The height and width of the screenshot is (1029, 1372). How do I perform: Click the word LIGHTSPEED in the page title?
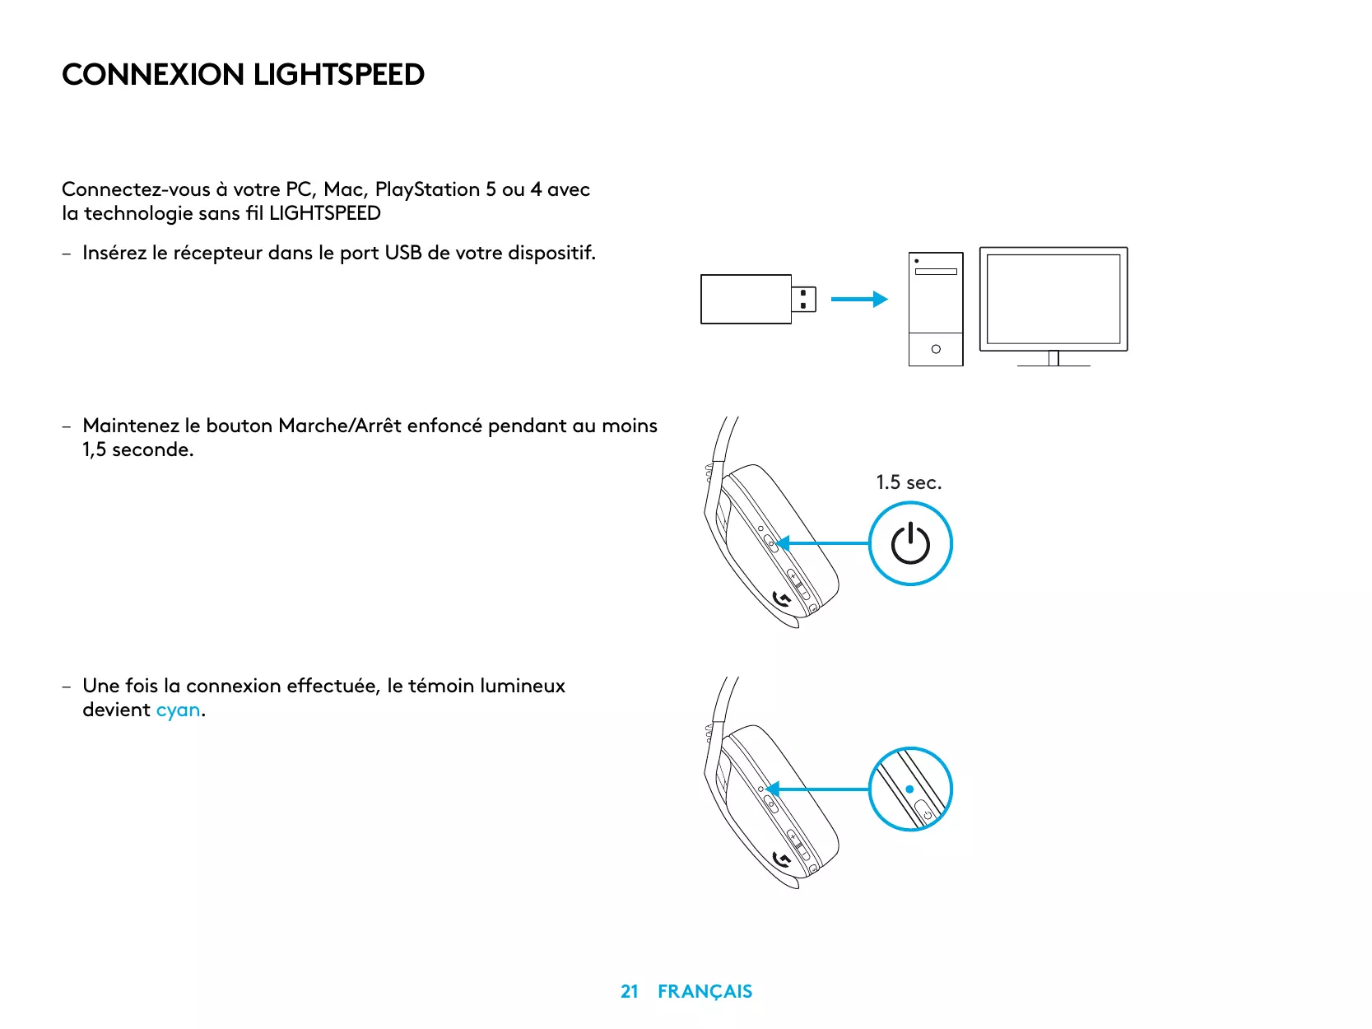coord(338,75)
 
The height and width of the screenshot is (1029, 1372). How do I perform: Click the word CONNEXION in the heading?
coord(153,75)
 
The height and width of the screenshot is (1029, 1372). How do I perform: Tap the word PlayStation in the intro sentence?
coord(427,189)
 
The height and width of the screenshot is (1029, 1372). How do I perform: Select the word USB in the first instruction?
coord(403,253)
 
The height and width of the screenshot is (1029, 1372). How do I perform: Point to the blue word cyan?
coord(178,710)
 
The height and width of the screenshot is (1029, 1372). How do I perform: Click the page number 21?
coord(630,991)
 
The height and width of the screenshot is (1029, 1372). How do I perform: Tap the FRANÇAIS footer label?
coord(705,991)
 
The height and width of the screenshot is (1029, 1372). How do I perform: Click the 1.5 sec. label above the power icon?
coord(909,482)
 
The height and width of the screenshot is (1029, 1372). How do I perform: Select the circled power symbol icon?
coord(910,544)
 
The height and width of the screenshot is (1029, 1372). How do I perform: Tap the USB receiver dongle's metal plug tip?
coord(804,300)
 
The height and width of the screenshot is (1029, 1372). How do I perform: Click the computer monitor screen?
coord(1053,299)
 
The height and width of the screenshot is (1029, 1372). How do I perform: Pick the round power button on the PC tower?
coord(936,349)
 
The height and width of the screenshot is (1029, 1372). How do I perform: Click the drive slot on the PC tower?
coord(936,271)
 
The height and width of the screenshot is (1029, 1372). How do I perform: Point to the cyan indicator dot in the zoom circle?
coord(909,789)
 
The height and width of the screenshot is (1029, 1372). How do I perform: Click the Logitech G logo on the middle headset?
coord(783,600)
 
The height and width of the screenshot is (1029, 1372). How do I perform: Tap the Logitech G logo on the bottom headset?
coord(783,860)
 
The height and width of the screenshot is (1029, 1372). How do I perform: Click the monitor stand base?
coord(1053,364)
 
